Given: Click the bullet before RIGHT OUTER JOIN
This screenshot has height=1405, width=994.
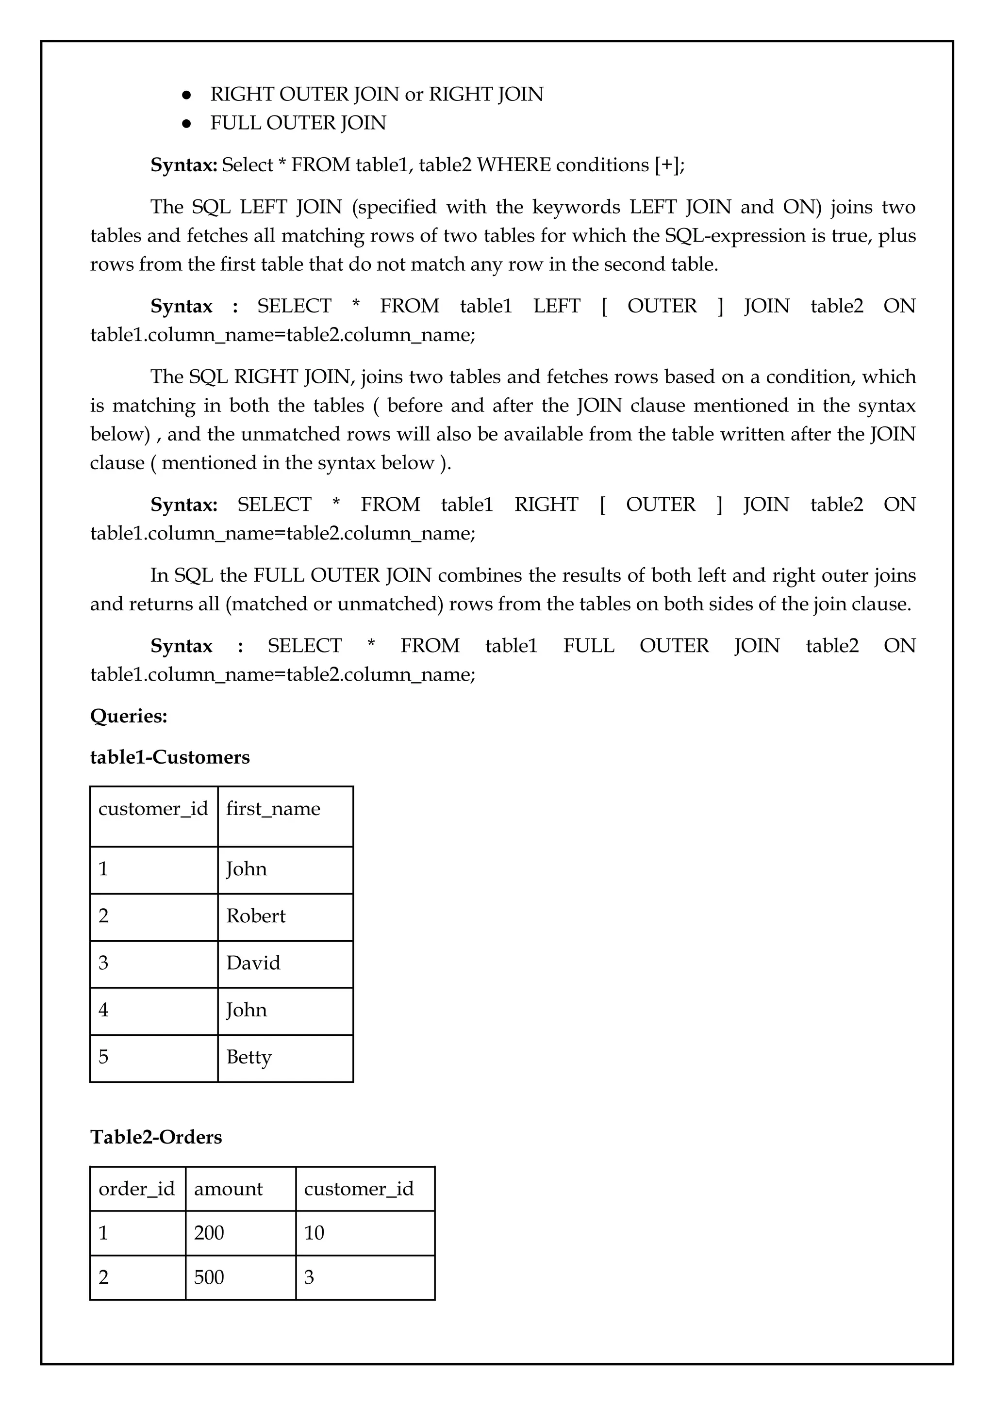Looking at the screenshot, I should tap(187, 95).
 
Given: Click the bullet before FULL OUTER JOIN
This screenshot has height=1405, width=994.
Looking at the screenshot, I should tap(187, 124).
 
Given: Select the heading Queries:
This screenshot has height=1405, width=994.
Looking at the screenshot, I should tap(129, 716).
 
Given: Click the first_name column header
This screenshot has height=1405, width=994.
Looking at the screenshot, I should tap(273, 809).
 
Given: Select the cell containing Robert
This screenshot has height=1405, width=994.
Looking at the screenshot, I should tap(256, 916).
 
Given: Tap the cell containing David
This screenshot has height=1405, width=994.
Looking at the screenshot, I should tap(253, 963).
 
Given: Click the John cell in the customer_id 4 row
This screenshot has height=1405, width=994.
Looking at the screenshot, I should tap(246, 1010).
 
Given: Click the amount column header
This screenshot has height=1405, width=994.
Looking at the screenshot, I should tap(228, 1189).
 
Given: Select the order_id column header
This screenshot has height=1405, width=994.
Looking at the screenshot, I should tap(136, 1189).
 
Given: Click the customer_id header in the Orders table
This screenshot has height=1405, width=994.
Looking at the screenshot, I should tap(359, 1189).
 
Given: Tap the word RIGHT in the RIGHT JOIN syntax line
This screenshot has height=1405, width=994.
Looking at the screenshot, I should tap(546, 505).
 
